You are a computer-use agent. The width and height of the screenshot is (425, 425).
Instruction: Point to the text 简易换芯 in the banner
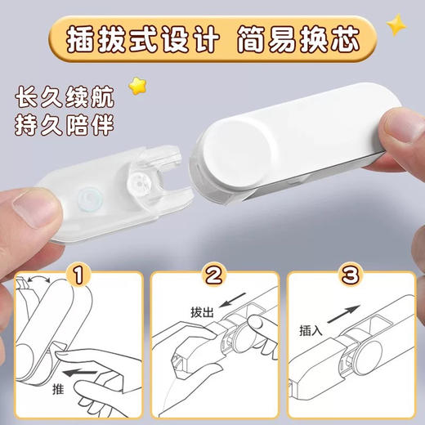(x=290, y=36)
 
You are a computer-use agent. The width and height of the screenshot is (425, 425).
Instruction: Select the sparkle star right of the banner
(x=396, y=25)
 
